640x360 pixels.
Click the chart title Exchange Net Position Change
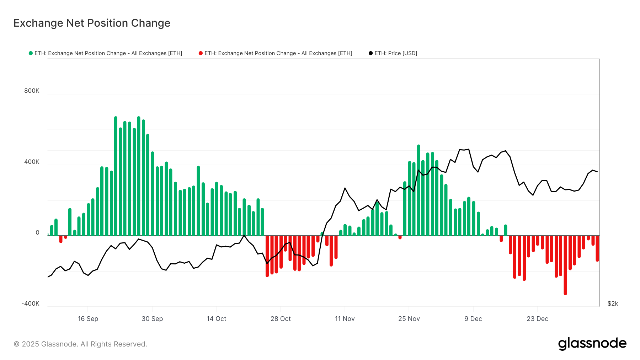click(92, 23)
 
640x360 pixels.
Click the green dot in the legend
click(31, 53)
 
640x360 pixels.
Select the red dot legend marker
click(201, 53)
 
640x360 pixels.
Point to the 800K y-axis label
click(32, 91)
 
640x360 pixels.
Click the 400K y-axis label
click(32, 162)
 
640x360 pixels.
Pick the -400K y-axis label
click(31, 304)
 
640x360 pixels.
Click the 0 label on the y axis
click(37, 233)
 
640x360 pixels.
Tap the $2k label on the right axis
click(613, 304)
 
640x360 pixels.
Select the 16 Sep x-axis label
click(88, 319)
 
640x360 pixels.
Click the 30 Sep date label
click(152, 319)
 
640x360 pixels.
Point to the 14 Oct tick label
click(216, 319)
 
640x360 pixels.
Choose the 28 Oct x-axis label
click(281, 319)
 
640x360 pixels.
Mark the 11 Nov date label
click(345, 319)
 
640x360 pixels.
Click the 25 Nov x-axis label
click(409, 319)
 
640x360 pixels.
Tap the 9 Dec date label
click(473, 319)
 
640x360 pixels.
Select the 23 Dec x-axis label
click(537, 319)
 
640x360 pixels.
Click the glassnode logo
click(592, 344)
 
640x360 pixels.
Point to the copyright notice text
click(80, 344)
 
